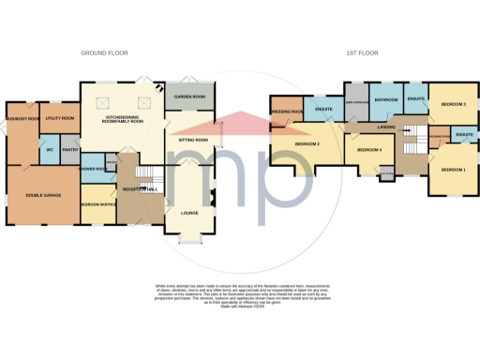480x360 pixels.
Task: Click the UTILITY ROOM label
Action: pyautogui.click(x=59, y=119)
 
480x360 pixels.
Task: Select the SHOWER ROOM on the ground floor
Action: pyautogui.click(x=92, y=170)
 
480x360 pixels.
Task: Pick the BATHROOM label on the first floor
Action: pyautogui.click(x=386, y=99)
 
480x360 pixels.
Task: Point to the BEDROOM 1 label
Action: pyautogui.click(x=452, y=169)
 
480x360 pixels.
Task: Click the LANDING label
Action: pyautogui.click(x=383, y=126)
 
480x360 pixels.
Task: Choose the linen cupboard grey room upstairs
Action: pyautogui.click(x=354, y=105)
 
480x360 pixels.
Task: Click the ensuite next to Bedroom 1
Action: pyautogui.click(x=463, y=137)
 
